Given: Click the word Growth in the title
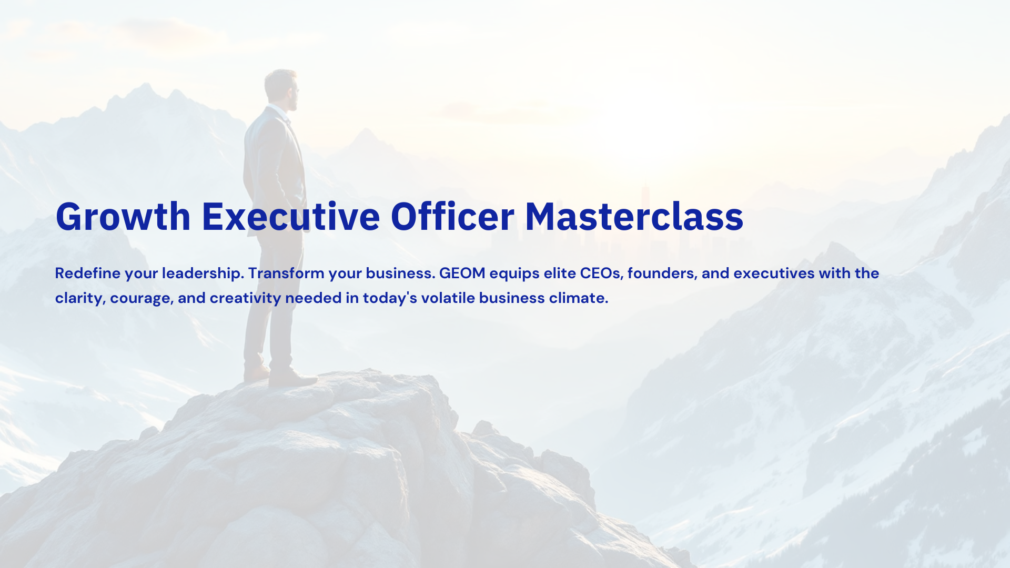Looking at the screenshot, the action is pyautogui.click(x=123, y=216).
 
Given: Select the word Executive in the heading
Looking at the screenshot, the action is pyautogui.click(x=291, y=216).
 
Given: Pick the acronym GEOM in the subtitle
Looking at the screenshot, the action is pyautogui.click(x=462, y=273).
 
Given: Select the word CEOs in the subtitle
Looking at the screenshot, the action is pyautogui.click(x=600, y=273).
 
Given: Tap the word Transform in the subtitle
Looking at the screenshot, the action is pyautogui.click(x=287, y=273).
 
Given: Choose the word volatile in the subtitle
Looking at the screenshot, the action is pyautogui.click(x=448, y=298).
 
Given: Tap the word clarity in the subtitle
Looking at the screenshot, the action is pyautogui.click(x=80, y=298).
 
